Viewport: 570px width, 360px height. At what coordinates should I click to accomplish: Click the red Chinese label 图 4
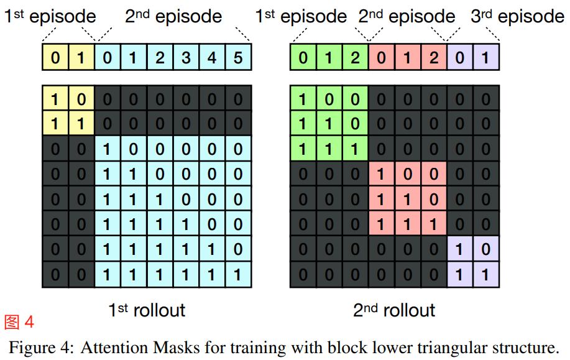click(19, 322)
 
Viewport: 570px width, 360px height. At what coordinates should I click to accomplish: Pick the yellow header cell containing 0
click(55, 58)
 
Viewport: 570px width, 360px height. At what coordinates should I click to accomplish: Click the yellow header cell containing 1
click(81, 58)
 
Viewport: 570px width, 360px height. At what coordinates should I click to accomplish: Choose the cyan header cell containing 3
click(186, 58)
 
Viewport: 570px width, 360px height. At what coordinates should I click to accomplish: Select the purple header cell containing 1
click(485, 58)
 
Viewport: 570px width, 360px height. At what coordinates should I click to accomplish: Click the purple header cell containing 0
click(460, 58)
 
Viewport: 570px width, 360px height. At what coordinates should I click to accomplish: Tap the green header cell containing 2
click(355, 58)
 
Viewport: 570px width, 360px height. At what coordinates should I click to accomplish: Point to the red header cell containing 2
click(434, 58)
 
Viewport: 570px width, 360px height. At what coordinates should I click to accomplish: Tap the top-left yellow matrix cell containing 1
click(55, 98)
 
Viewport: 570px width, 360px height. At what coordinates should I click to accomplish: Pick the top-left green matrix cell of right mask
click(303, 98)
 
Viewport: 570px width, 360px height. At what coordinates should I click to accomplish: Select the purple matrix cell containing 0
click(485, 249)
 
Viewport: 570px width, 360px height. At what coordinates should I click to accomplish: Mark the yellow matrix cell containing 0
click(81, 98)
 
